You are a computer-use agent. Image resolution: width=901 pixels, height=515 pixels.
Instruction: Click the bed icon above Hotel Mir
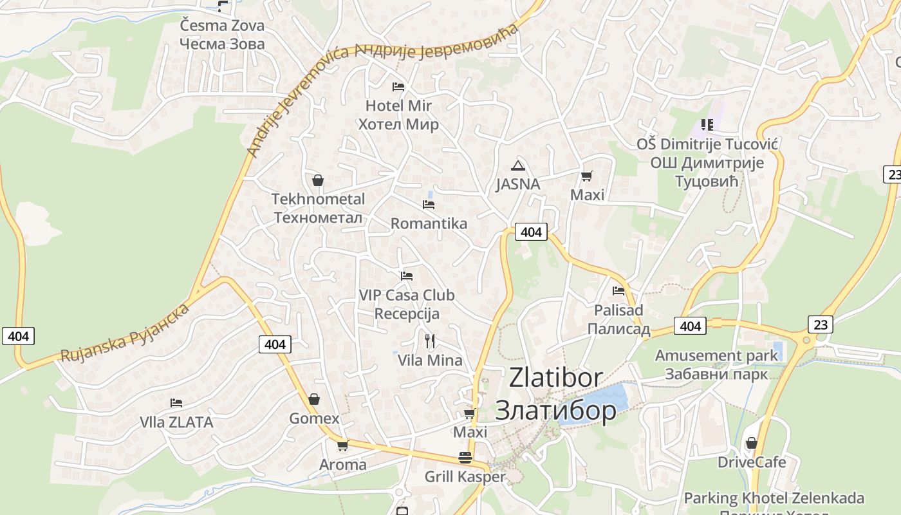pyautogui.click(x=398, y=86)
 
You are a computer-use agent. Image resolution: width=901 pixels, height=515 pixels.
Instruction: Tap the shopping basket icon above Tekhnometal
pyautogui.click(x=317, y=180)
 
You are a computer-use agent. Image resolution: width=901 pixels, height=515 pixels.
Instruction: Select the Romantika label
pyautogui.click(x=429, y=223)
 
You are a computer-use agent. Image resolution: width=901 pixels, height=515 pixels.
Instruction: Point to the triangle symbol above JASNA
pyautogui.click(x=518, y=165)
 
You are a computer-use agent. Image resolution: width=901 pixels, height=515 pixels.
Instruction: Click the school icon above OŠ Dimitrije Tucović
pyautogui.click(x=707, y=125)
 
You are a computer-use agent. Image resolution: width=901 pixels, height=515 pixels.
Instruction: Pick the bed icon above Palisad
pyautogui.click(x=618, y=290)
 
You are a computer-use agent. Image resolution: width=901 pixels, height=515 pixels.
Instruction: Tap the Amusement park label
pyautogui.click(x=716, y=355)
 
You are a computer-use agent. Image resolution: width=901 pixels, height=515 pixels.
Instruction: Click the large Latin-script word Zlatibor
pyautogui.click(x=555, y=377)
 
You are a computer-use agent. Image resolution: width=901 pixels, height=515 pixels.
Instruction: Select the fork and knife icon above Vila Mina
pyautogui.click(x=430, y=341)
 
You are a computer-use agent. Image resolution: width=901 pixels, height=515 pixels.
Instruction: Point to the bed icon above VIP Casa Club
pyautogui.click(x=407, y=276)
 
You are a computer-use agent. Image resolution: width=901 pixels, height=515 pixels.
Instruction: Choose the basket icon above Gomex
pyautogui.click(x=314, y=400)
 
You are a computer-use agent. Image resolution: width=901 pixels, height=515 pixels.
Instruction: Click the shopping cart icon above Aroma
pyautogui.click(x=342, y=445)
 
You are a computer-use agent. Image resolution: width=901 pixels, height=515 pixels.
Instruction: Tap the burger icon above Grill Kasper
pyautogui.click(x=465, y=458)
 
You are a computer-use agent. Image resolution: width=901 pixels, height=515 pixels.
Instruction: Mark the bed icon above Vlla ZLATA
pyautogui.click(x=176, y=403)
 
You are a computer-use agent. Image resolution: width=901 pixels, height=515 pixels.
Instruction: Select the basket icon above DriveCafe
pyautogui.click(x=751, y=443)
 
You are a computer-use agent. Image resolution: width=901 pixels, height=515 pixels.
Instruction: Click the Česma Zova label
pyautogui.click(x=222, y=26)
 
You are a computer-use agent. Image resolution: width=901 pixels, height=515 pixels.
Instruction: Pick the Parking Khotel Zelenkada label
pyautogui.click(x=774, y=498)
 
